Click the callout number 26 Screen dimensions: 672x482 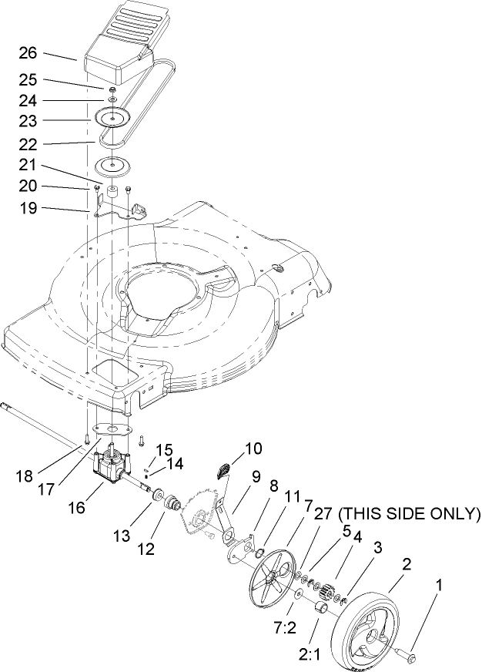point(27,54)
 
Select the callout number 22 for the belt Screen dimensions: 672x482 point(27,143)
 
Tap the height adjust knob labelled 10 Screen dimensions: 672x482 point(224,470)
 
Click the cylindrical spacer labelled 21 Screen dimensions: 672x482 point(112,190)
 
